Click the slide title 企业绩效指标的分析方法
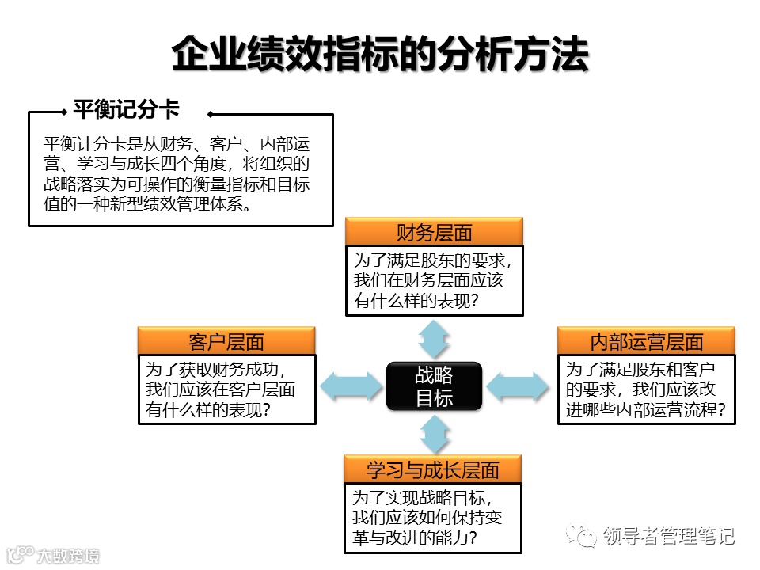click(x=380, y=55)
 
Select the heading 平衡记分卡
click(x=127, y=109)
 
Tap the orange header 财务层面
click(x=434, y=233)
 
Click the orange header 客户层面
click(x=226, y=342)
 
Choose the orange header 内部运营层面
click(x=647, y=342)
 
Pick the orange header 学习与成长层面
click(x=433, y=469)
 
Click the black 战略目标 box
click(x=434, y=386)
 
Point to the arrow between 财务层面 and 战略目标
click(x=434, y=339)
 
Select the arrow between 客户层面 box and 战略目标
click(x=351, y=386)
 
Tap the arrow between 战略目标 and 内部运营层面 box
click(x=517, y=386)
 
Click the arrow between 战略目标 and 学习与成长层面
click(x=434, y=434)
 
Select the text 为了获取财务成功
click(x=215, y=369)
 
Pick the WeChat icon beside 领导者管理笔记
click(x=587, y=537)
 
